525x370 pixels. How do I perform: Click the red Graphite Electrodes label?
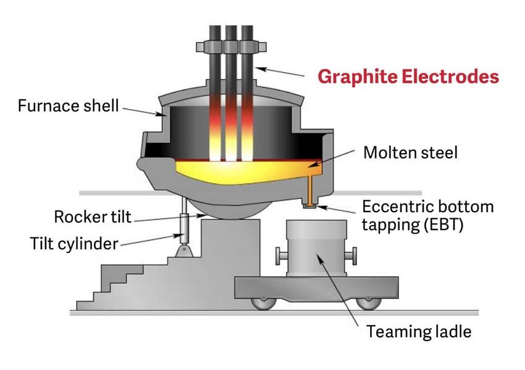coord(408,77)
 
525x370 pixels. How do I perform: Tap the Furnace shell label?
coord(68,105)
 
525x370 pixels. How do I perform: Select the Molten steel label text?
coord(410,152)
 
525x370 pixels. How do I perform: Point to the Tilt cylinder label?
coord(73,243)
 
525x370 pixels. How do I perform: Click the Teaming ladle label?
coord(419,332)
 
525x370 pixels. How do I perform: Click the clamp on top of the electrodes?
coord(232,47)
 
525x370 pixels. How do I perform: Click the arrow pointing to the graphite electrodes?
coord(281,70)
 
